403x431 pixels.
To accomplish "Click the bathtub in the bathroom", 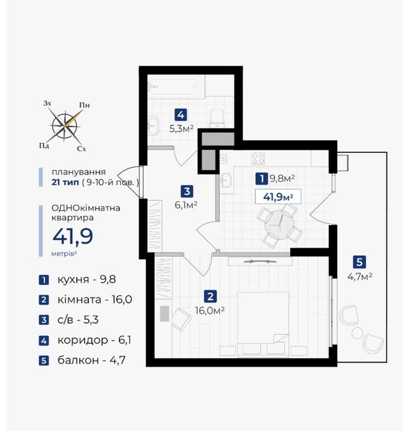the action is (x=176, y=86).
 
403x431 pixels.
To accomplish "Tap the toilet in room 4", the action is (x=217, y=118).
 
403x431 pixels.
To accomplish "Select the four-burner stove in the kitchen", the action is (x=258, y=158).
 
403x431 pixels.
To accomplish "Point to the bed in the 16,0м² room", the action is (x=263, y=324).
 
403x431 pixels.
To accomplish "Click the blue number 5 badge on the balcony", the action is (x=359, y=262).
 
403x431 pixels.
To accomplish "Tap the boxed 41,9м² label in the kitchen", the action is (x=278, y=197).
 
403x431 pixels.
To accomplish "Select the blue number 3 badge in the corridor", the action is (x=187, y=191).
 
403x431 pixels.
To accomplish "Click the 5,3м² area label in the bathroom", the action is (x=182, y=129).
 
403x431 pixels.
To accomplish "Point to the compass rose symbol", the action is (x=65, y=126).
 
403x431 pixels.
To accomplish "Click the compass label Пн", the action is (x=84, y=105).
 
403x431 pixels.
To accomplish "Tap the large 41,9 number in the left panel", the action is (x=73, y=237).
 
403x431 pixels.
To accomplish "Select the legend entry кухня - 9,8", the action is (x=86, y=279).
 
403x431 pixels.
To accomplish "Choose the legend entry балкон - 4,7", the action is (x=91, y=360).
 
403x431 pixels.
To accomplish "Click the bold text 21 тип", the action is (x=65, y=183).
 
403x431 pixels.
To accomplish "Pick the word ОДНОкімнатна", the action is (x=86, y=208).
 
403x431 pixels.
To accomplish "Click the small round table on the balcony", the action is (x=357, y=334).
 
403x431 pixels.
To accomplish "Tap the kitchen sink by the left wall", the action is (x=226, y=181).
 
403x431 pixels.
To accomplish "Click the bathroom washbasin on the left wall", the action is (x=153, y=125).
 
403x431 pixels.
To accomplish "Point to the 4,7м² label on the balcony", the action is (x=360, y=276).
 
